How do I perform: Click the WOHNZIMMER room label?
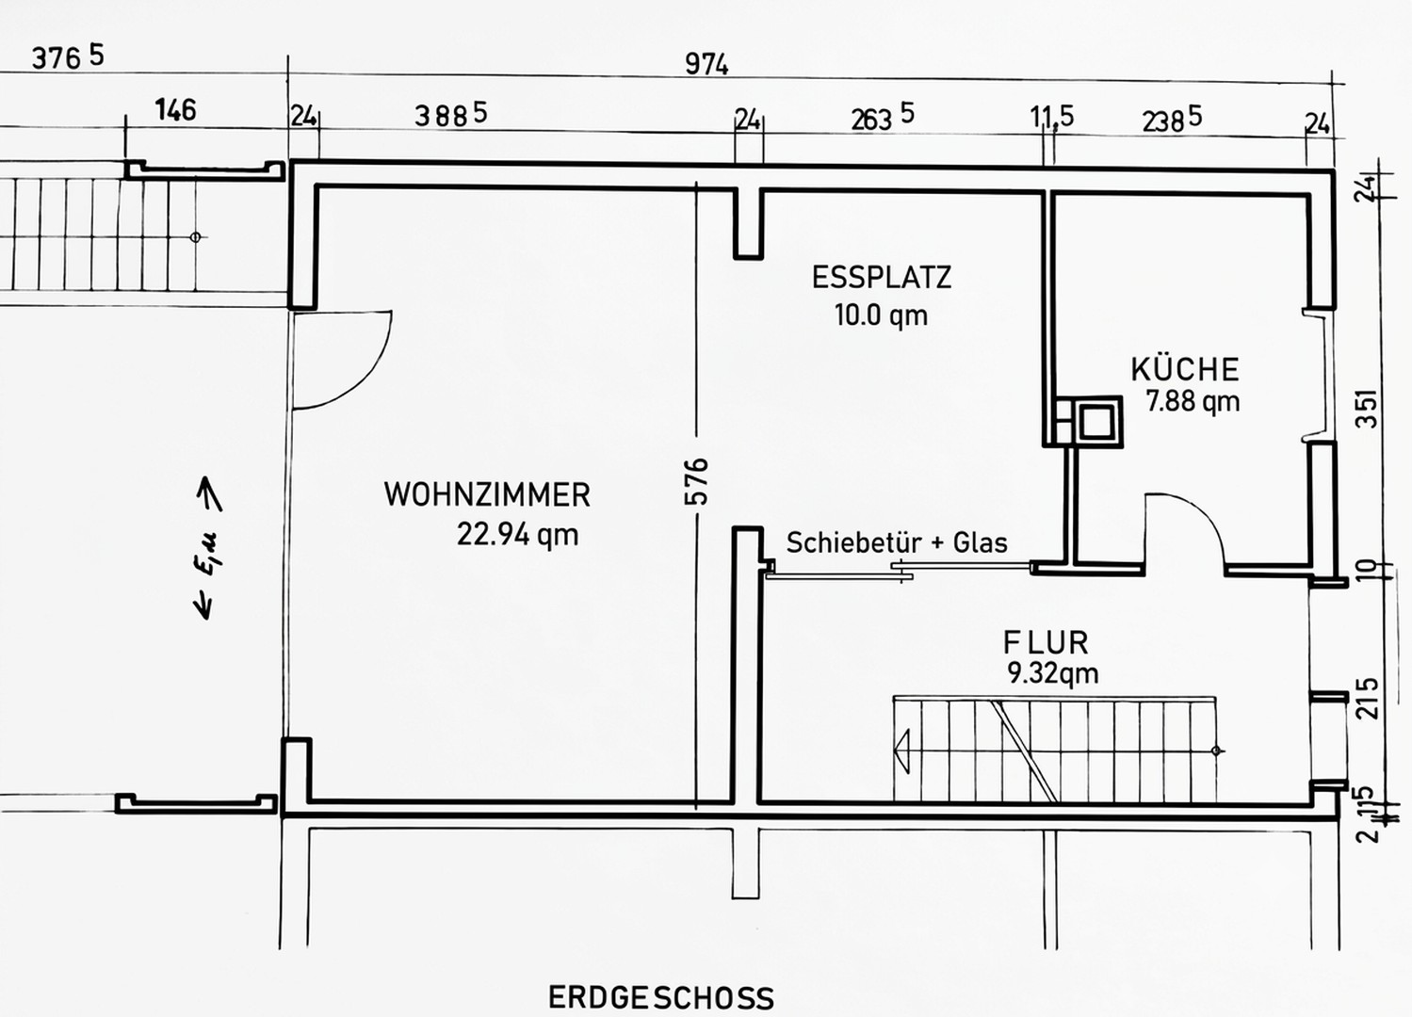coord(487,494)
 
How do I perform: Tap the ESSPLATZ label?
coord(882,278)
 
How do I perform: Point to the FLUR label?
coord(1046,643)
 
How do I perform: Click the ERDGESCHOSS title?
coord(661,997)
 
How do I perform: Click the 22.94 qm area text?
coord(517,535)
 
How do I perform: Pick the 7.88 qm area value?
coord(1193,401)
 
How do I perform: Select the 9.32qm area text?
coord(1053,673)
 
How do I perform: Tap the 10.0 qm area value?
coord(882,315)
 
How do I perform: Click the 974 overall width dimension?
coord(706,64)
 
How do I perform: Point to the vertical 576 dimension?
coord(696,481)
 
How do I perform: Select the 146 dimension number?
coord(176,110)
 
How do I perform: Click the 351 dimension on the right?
coord(1367,409)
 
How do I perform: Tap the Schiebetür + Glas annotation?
coord(897,542)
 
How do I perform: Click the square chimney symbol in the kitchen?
coord(1096,422)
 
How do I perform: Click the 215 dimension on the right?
coord(1367,699)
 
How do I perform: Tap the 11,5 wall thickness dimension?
coord(1051,117)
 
